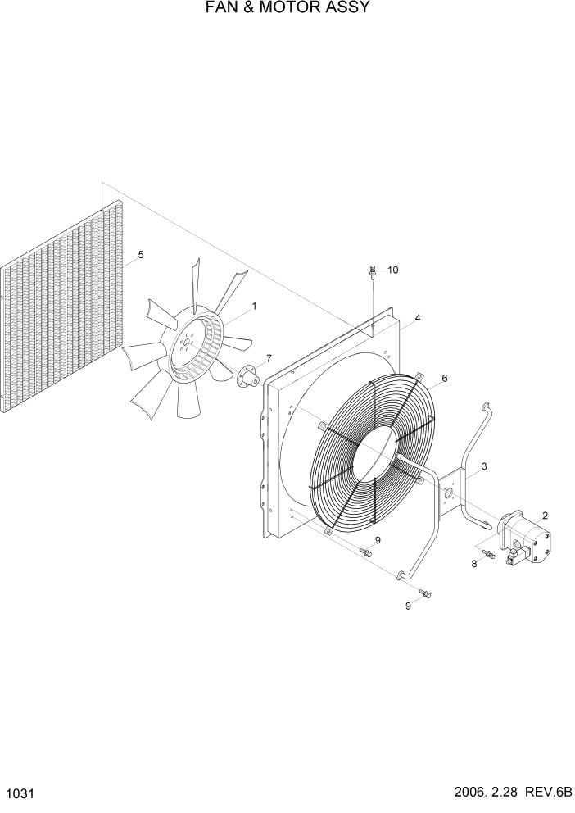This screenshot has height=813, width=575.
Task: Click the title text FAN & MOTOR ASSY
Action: tap(287, 9)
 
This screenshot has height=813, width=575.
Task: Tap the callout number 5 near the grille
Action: tap(141, 255)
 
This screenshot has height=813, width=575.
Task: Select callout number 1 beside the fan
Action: tap(254, 307)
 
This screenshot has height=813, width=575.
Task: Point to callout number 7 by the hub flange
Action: tap(268, 359)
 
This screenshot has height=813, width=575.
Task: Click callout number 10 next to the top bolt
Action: tap(393, 270)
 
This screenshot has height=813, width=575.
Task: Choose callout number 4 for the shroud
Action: tap(418, 317)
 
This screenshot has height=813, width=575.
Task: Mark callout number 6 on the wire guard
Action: tap(445, 378)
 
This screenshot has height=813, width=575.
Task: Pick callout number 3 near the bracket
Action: tap(484, 466)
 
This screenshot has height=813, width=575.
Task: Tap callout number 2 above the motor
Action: tap(545, 516)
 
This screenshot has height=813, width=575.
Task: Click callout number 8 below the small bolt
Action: tap(473, 564)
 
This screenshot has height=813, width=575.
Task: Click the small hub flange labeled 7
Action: tap(248, 378)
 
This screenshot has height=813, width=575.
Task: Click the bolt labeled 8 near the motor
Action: tap(489, 556)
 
